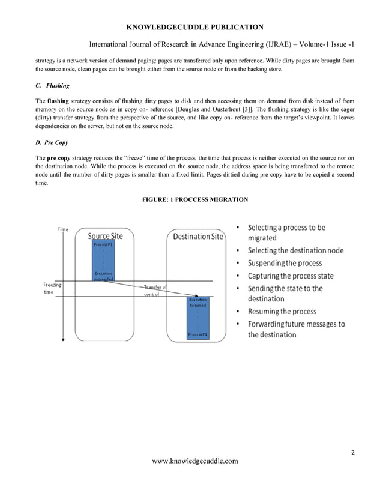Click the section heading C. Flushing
(x=53, y=86)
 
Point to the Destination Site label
(x=198, y=237)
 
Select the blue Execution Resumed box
(x=198, y=318)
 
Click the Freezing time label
(x=52, y=288)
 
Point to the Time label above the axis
(x=63, y=229)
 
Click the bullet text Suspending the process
(x=285, y=263)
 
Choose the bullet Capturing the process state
(x=291, y=276)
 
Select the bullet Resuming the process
(x=282, y=312)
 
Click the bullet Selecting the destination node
(x=295, y=250)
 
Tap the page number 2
(x=352, y=453)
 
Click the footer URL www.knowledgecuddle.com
(x=195, y=461)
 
